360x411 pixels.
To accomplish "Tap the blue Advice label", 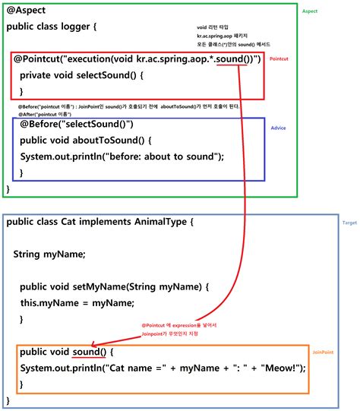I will pyautogui.click(x=278, y=128).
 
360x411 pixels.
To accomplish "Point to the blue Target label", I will pyautogui.click(x=349, y=223).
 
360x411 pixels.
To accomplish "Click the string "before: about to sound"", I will pyautogui.click(x=163, y=156).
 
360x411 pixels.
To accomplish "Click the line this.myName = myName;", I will pyautogui.click(x=77, y=303).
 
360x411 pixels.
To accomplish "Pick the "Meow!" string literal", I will pyautogui.click(x=280, y=369).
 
